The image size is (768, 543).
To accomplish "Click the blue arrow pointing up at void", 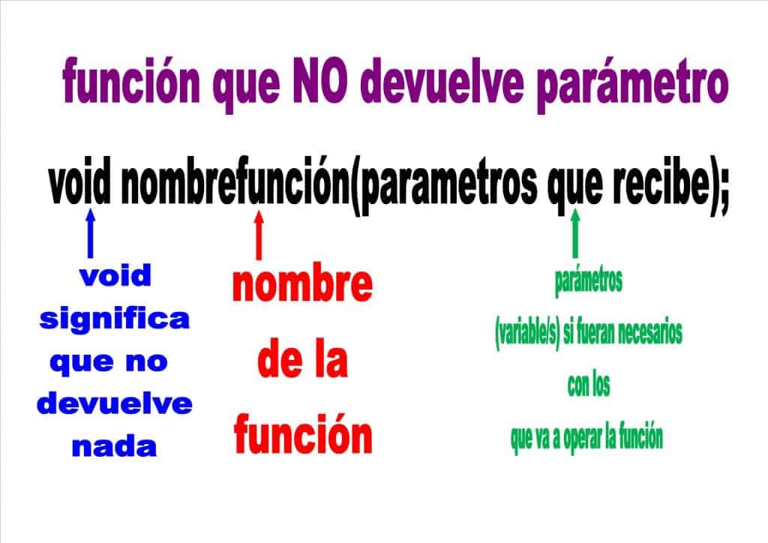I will coord(90,233).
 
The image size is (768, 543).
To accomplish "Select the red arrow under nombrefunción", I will coord(259,236).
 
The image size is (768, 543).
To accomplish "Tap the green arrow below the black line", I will coord(575,233).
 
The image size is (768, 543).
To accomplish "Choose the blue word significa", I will coord(114,319).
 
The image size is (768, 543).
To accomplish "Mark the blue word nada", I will coord(114,448).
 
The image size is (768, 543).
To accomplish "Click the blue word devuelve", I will coord(114,405).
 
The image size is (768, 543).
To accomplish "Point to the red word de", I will coord(275,361).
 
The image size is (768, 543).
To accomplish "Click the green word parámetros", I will coord(588,283).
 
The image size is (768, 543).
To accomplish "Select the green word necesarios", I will coord(646,334).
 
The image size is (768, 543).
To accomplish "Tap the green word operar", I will coord(589,438).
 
